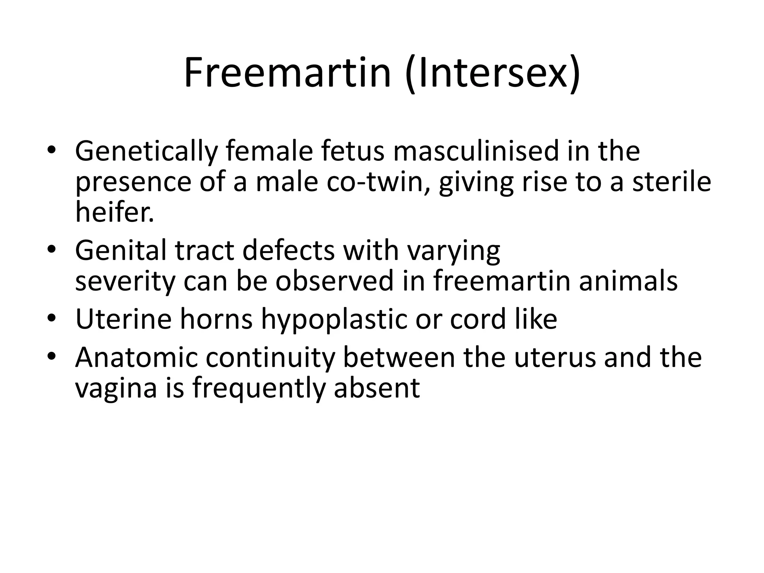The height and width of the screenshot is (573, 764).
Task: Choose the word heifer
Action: pos(115,212)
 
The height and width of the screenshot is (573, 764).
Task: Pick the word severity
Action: pos(125,281)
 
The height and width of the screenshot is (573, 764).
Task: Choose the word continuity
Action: pos(270,357)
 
